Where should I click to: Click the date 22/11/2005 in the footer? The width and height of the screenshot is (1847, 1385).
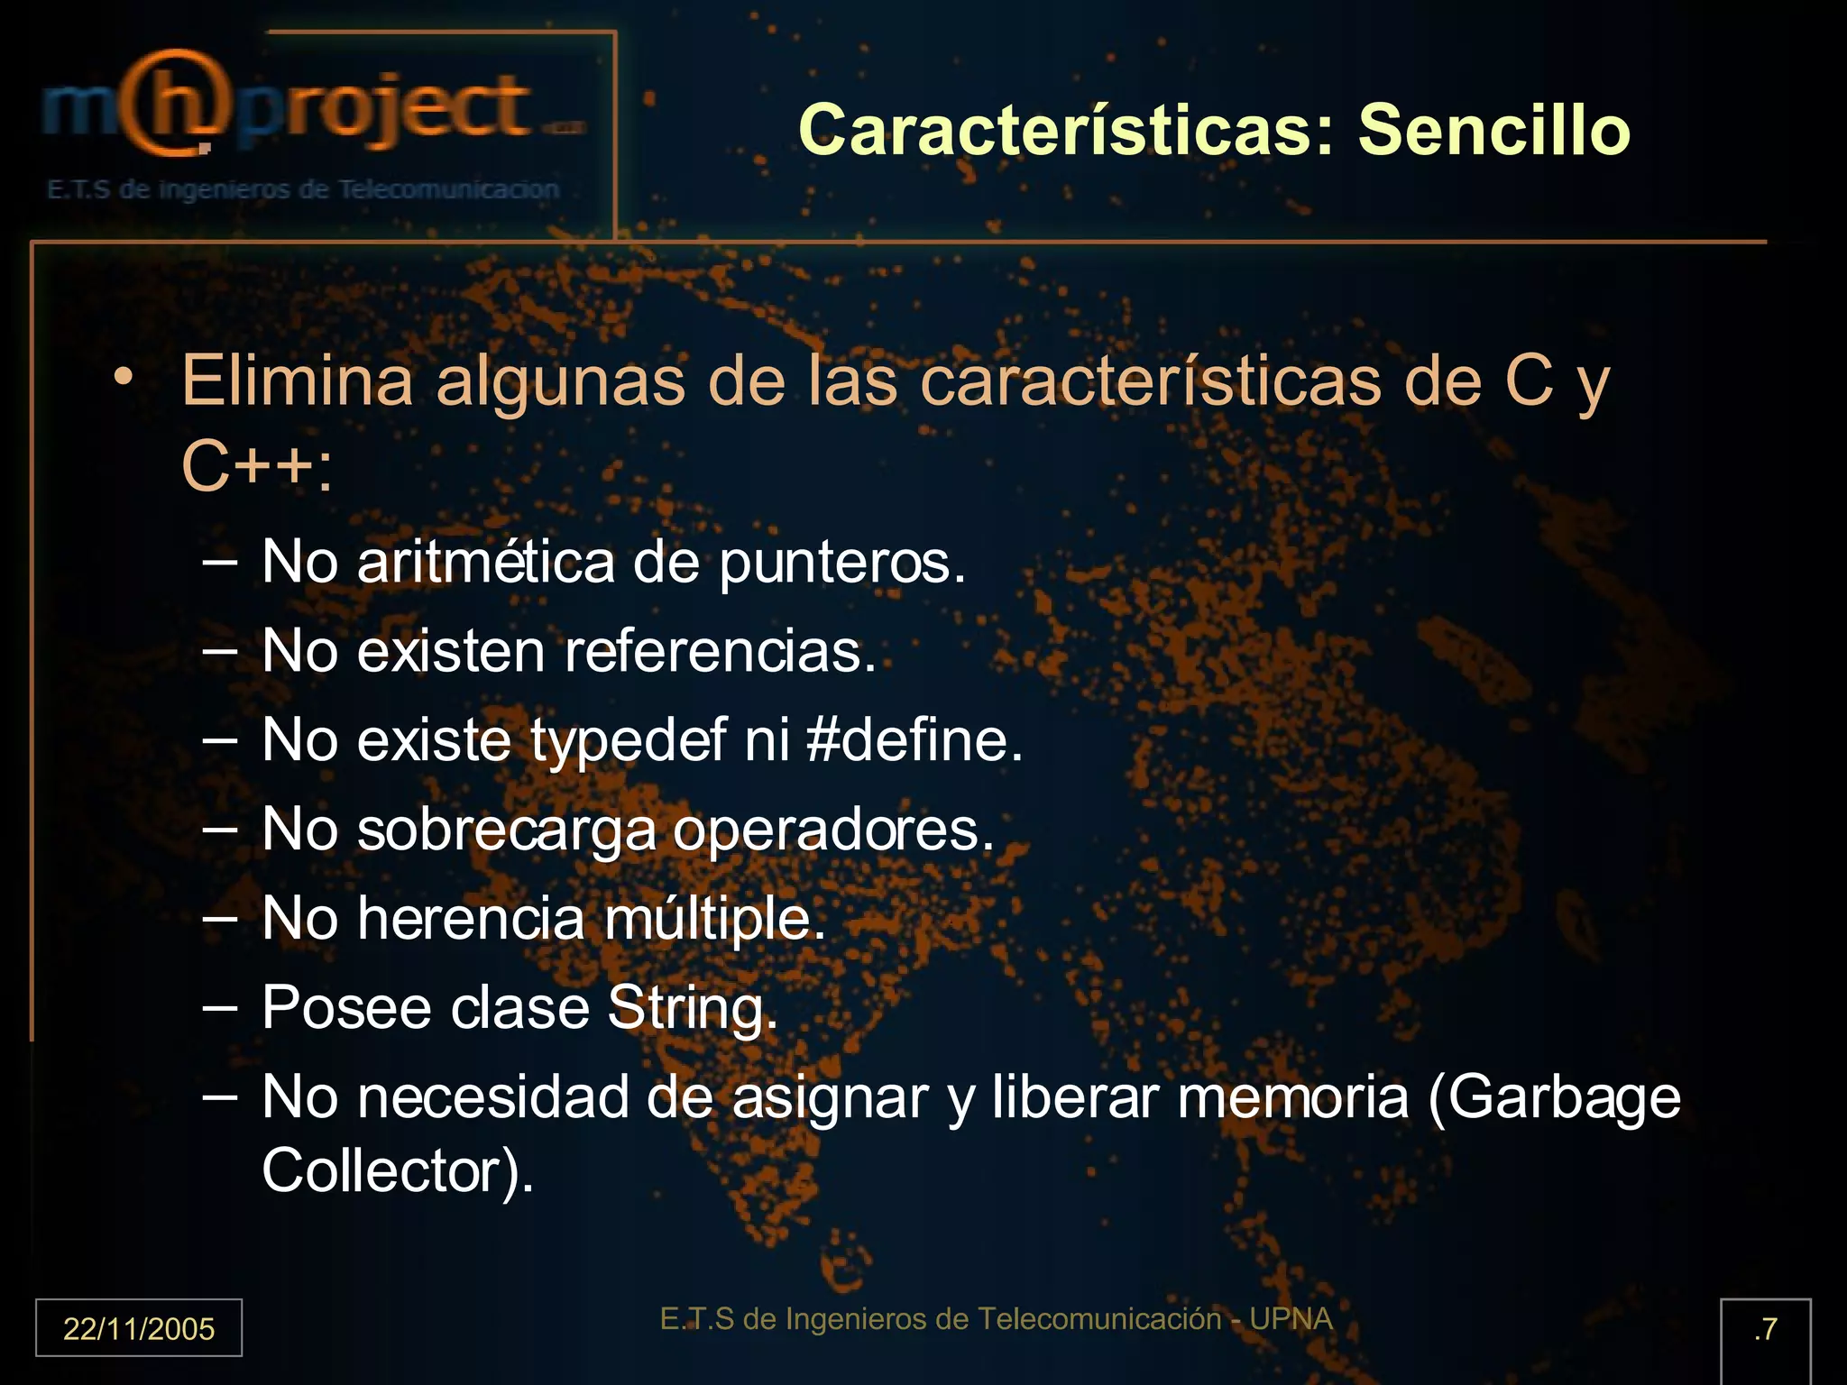coord(139,1328)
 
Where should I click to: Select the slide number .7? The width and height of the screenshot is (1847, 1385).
coord(1765,1328)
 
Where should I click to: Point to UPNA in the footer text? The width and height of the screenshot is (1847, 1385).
coord(1291,1318)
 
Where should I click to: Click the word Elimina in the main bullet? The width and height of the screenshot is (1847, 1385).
coord(297,381)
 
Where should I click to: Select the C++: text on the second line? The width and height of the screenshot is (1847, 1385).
coord(257,467)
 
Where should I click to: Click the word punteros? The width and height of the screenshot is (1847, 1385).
coord(842,563)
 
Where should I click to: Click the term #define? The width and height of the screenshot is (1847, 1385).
coord(914,739)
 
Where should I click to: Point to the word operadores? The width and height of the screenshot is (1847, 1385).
coord(833,830)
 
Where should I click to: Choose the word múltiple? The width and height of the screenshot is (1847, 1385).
coord(714,919)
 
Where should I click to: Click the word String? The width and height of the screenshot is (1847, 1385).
coord(691,1008)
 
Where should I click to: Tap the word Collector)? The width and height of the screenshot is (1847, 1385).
coord(398,1170)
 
